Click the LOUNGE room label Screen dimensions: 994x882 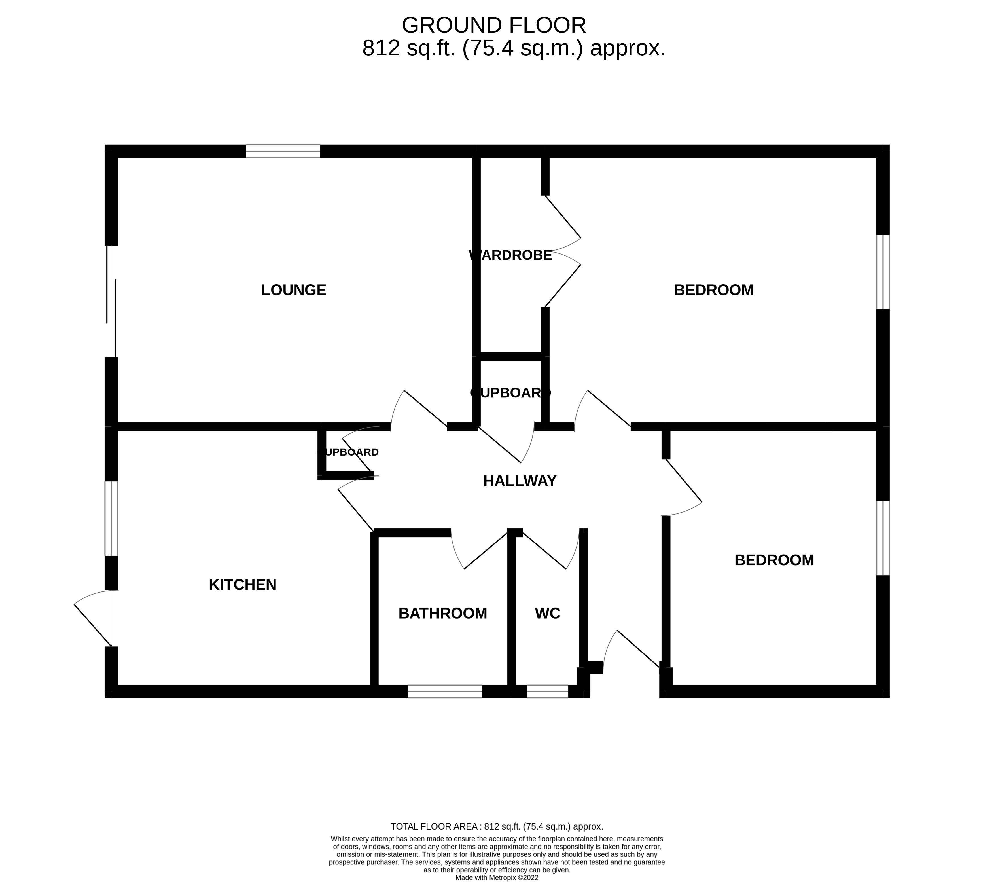(x=293, y=290)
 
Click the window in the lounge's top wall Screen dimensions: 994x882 (x=283, y=151)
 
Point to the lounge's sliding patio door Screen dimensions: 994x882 (x=111, y=302)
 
